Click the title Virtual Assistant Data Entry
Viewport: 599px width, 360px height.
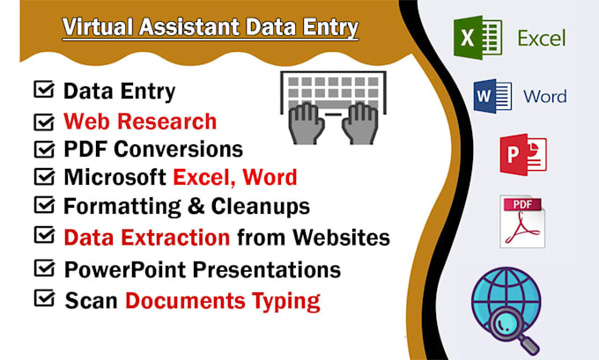[x=211, y=28]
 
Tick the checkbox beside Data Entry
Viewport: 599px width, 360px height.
[x=42, y=89]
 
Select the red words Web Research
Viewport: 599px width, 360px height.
[x=140, y=120]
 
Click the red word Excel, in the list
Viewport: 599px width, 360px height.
[x=203, y=177]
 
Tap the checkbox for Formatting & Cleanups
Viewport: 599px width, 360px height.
[x=42, y=205]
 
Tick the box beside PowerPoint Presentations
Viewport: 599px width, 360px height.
[x=42, y=267]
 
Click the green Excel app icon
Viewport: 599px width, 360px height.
[x=477, y=40]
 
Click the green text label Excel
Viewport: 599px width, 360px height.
[x=542, y=39]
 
